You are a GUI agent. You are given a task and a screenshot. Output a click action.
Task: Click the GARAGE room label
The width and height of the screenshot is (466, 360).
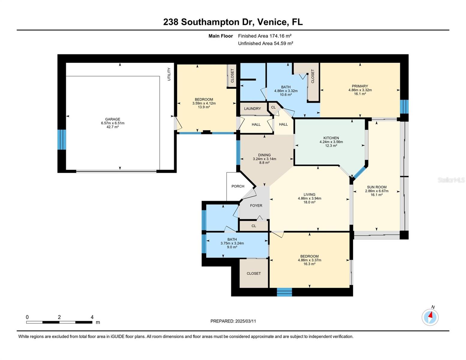113,119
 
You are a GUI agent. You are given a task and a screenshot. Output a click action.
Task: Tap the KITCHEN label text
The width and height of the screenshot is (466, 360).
331,138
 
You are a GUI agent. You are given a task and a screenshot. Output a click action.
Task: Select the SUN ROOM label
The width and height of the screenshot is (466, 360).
377,187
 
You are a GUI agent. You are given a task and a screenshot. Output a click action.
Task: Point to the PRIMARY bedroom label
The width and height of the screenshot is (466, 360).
360,86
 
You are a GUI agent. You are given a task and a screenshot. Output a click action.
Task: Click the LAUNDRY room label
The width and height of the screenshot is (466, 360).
252,109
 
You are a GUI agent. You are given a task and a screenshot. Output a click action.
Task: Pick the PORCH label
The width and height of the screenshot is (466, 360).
238,186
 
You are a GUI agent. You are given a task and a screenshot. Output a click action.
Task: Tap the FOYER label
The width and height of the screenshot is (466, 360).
256,205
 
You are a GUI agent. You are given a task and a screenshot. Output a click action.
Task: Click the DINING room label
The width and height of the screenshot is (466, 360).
264,155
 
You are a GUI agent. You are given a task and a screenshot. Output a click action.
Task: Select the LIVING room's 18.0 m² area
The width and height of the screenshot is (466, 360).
309,202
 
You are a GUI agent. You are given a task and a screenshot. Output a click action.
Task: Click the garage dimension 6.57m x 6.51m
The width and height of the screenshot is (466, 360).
113,123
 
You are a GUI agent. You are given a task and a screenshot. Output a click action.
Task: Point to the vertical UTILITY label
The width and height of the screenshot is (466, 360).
169,74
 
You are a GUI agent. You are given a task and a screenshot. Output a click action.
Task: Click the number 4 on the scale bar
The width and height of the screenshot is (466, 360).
92,317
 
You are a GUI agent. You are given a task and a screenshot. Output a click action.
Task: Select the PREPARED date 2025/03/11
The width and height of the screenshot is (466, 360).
245,321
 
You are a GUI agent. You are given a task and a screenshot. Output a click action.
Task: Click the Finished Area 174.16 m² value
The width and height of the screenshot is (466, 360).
281,36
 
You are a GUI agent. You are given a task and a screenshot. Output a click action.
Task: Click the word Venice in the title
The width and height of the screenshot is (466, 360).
272,22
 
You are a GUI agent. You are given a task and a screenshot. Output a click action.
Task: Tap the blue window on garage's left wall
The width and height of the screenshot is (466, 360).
62,139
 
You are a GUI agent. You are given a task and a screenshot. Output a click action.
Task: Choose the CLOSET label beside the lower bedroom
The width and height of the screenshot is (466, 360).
254,273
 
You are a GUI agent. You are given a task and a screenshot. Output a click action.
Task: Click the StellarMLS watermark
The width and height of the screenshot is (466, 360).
451,180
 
